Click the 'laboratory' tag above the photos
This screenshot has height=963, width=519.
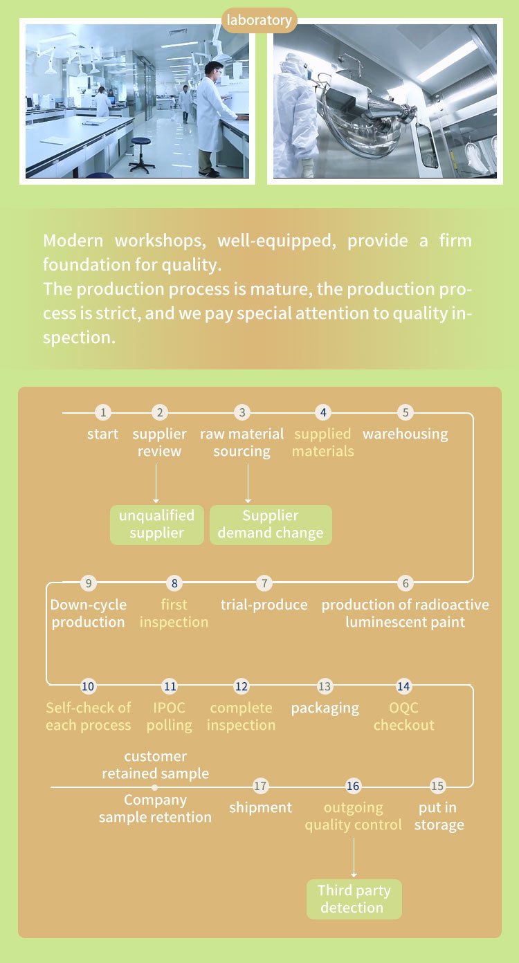pos(259,20)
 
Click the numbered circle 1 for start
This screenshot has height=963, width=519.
pos(103,413)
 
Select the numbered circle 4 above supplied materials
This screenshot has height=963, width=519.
pos(323,413)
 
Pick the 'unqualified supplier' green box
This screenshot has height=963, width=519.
pos(157,525)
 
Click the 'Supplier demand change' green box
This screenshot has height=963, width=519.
pos(271,525)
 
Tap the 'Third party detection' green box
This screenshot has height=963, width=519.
pos(354,899)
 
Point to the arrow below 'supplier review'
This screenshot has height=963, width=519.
pos(156,483)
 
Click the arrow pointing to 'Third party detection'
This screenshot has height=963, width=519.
pos(354,857)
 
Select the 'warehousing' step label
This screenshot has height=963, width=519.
pos(406,434)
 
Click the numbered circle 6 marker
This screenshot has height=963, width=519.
pos(406,583)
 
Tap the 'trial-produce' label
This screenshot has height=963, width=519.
pos(264,605)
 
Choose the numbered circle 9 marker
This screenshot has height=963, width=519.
pos(89,583)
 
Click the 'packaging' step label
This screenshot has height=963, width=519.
pos(325,708)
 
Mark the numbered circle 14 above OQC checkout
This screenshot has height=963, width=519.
pos(403,686)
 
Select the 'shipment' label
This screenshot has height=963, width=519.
pos(261,808)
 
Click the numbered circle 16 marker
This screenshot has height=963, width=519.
pos(353,786)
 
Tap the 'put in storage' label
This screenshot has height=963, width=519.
pos(439,816)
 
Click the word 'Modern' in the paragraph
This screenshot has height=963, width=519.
pos(73,241)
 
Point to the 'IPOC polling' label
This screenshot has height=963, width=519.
pos(170,717)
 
